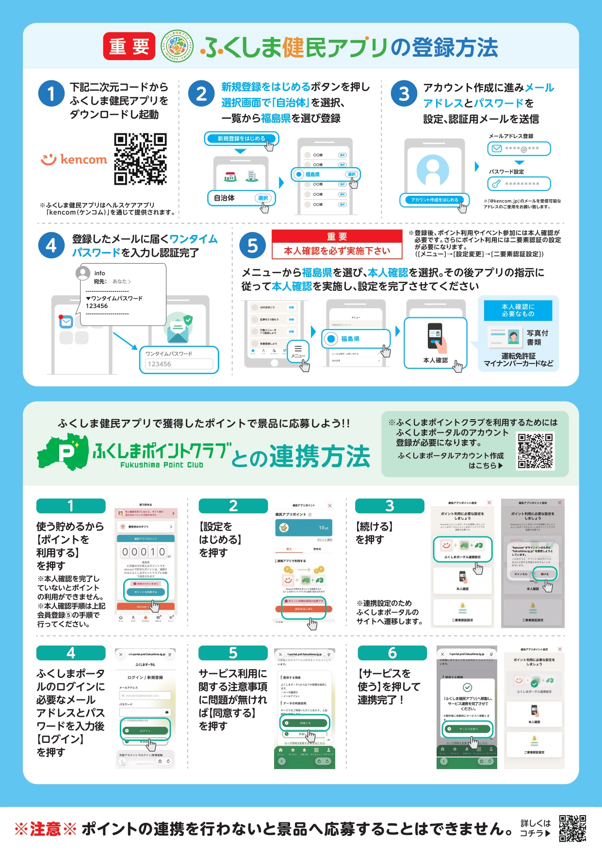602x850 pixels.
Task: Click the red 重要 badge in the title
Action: pyautogui.click(x=129, y=47)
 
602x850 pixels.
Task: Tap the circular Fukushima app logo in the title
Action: pyautogui.click(x=177, y=47)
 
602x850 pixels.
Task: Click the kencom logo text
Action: pyautogui.click(x=74, y=159)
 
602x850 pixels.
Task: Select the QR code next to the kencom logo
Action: pyautogui.click(x=140, y=159)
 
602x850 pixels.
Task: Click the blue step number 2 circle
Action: pyautogui.click(x=201, y=94)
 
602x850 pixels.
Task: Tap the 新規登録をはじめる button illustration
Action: pyautogui.click(x=241, y=139)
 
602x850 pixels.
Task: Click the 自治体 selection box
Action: pyautogui.click(x=241, y=198)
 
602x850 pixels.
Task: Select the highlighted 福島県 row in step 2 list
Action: pyautogui.click(x=325, y=174)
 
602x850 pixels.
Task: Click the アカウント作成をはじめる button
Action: pyautogui.click(x=435, y=200)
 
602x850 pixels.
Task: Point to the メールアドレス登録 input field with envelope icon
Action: pyautogui.click(x=519, y=149)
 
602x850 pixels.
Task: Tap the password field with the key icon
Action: pyautogui.click(x=519, y=184)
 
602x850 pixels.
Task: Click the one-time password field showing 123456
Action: pyautogui.click(x=179, y=360)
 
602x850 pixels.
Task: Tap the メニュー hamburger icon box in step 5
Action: pyautogui.click(x=298, y=351)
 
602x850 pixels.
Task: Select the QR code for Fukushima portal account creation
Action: pyautogui.click(x=535, y=451)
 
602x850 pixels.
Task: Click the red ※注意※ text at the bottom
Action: pyautogui.click(x=46, y=829)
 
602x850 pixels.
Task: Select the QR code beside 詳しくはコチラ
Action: pyautogui.click(x=572, y=829)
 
